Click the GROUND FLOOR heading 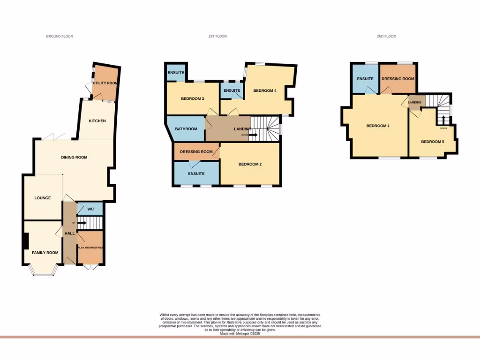coord(60,36)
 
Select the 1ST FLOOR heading coord(217,36)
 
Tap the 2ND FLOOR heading coord(386,36)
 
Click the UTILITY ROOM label coord(105,83)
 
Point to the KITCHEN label coord(97,121)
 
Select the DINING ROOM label coord(74,157)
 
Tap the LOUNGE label coord(42,198)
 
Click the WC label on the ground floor coord(90,209)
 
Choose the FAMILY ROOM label coord(45,253)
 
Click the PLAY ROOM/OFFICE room coord(90,247)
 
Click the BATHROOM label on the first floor coord(186,128)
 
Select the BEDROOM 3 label coord(192,98)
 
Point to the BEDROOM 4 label coord(264,90)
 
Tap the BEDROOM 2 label coord(250,164)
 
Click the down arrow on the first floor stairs coord(253,135)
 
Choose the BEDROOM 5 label coord(432,142)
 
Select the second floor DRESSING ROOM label coord(398,79)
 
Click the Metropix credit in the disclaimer coord(240,333)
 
